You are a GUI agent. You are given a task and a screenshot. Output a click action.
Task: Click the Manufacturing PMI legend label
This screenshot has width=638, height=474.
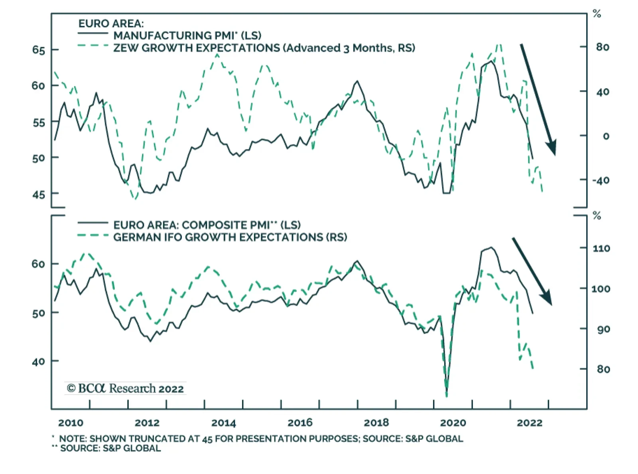pyautogui.click(x=187, y=36)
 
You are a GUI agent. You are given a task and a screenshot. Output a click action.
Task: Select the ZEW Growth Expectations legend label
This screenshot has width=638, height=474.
pyautogui.click(x=264, y=48)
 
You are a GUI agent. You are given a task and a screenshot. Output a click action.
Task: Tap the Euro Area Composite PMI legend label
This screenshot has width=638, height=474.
pyautogui.click(x=207, y=225)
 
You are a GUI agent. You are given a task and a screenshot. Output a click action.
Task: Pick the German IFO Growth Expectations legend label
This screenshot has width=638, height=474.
pyautogui.click(x=230, y=237)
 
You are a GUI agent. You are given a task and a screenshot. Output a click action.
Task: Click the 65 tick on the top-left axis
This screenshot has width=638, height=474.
pyautogui.click(x=39, y=50)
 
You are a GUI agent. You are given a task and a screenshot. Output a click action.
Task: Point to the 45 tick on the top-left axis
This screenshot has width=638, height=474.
pyautogui.click(x=39, y=195)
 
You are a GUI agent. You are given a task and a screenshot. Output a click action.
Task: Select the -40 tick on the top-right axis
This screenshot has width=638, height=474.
pyautogui.click(x=601, y=180)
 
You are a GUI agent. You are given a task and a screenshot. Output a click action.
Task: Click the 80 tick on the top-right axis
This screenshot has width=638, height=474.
pyautogui.click(x=603, y=47)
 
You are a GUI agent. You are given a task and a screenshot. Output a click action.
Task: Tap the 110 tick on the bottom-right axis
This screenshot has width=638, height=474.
pyautogui.click(x=601, y=249)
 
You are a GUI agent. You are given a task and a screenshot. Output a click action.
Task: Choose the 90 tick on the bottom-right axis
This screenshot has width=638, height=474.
pyautogui.click(x=603, y=330)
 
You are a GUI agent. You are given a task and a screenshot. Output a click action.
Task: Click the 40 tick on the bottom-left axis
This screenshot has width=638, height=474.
pyautogui.click(x=39, y=362)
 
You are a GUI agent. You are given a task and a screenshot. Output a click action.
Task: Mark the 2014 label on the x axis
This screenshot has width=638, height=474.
pyautogui.click(x=223, y=423)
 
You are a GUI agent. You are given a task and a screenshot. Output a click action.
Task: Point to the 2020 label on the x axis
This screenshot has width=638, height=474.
pyautogui.click(x=453, y=423)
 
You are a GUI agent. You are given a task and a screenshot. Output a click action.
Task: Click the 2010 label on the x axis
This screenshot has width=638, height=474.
pyautogui.click(x=71, y=423)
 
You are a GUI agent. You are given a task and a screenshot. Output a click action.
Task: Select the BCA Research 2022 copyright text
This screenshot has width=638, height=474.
pyautogui.click(x=125, y=388)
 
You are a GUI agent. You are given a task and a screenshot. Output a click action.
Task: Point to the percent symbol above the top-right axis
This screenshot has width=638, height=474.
pyautogui.click(x=597, y=14)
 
